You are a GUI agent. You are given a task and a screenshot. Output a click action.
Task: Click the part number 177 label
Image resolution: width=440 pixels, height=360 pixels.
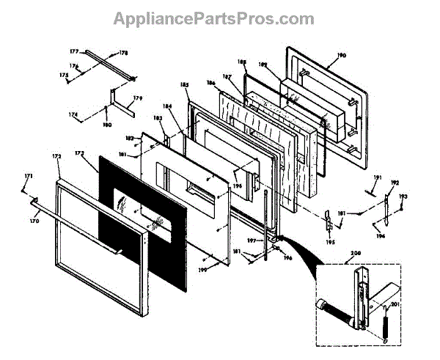tap(74, 52)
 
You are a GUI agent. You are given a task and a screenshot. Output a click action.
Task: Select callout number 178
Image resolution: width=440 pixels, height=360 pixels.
tap(123, 53)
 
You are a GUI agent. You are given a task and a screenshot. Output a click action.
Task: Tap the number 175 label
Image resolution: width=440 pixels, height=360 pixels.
tap(64, 76)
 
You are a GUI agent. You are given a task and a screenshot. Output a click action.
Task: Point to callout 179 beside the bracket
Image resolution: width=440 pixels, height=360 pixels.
tap(136, 98)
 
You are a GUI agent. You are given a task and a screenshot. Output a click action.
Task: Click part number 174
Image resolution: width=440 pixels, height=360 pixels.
tap(73, 115)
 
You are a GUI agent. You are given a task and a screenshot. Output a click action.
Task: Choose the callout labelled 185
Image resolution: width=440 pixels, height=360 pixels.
tap(184, 86)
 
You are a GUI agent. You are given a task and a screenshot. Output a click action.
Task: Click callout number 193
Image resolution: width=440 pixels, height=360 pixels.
tap(403, 196)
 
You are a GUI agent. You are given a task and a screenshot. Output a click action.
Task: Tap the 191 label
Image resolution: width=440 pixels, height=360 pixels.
tap(378, 177)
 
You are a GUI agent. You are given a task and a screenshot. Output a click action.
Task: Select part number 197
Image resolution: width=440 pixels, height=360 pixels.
tap(250, 239)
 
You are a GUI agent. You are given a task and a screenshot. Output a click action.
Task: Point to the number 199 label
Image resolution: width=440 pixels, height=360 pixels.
tap(202, 269)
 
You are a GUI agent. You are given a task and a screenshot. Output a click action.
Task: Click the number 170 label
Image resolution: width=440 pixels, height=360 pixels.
tap(34, 220)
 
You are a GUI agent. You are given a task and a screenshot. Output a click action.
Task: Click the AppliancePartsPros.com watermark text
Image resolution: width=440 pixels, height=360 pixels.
tap(213, 18)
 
